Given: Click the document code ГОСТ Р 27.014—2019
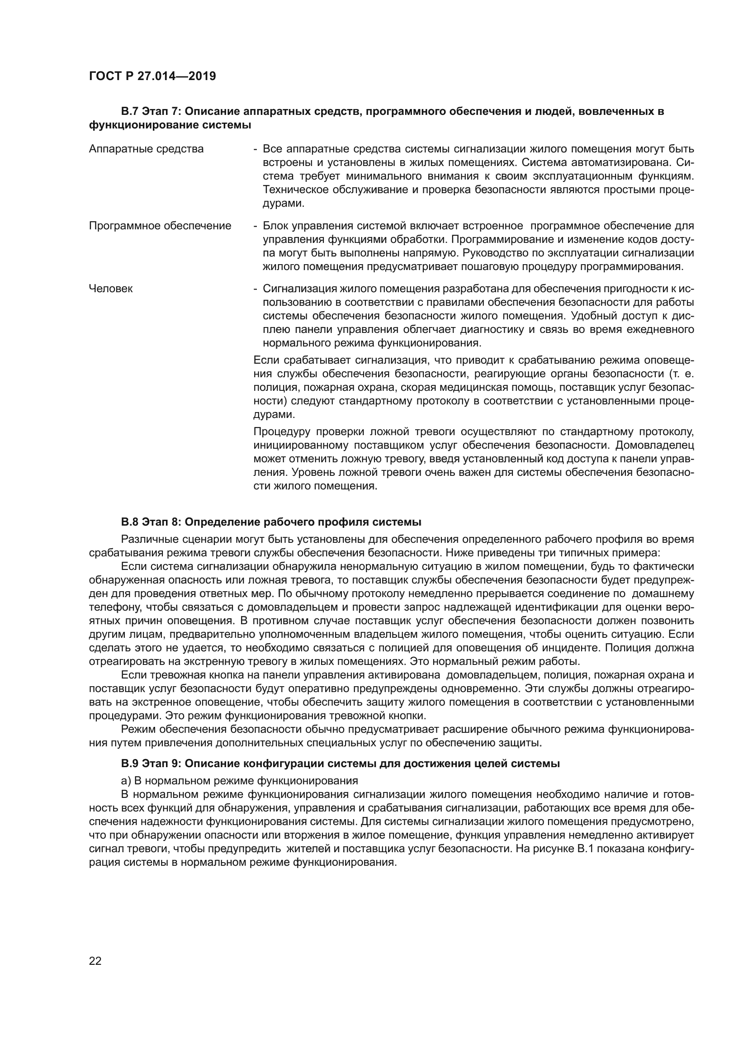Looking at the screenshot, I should [x=152, y=76].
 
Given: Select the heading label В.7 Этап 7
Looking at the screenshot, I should [x=151, y=112].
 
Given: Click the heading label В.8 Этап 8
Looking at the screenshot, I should [x=151, y=522].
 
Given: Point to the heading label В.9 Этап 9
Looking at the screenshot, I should [x=151, y=764].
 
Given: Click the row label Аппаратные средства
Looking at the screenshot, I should [x=146, y=149].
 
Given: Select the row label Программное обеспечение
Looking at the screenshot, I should [x=160, y=226].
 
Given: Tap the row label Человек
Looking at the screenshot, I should [x=110, y=289].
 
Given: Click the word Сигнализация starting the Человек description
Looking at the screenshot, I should [x=299, y=289].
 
